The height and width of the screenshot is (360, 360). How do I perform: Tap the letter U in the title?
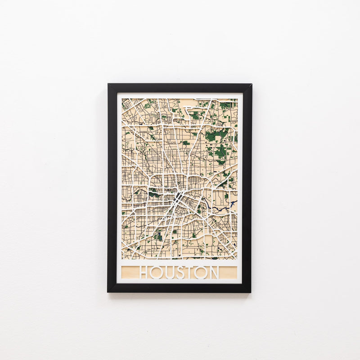click(x=169, y=272)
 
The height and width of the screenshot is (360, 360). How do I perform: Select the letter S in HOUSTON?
click(x=179, y=272)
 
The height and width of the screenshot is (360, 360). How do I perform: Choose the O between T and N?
click(x=201, y=272)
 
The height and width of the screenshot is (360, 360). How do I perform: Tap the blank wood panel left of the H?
click(x=130, y=272)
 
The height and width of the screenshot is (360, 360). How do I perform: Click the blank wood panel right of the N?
click(x=228, y=272)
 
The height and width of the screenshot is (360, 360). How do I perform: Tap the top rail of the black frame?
click(x=180, y=88)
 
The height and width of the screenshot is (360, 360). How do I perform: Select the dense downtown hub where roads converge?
click(x=179, y=197)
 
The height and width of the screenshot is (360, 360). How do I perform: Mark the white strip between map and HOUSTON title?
click(x=180, y=262)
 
